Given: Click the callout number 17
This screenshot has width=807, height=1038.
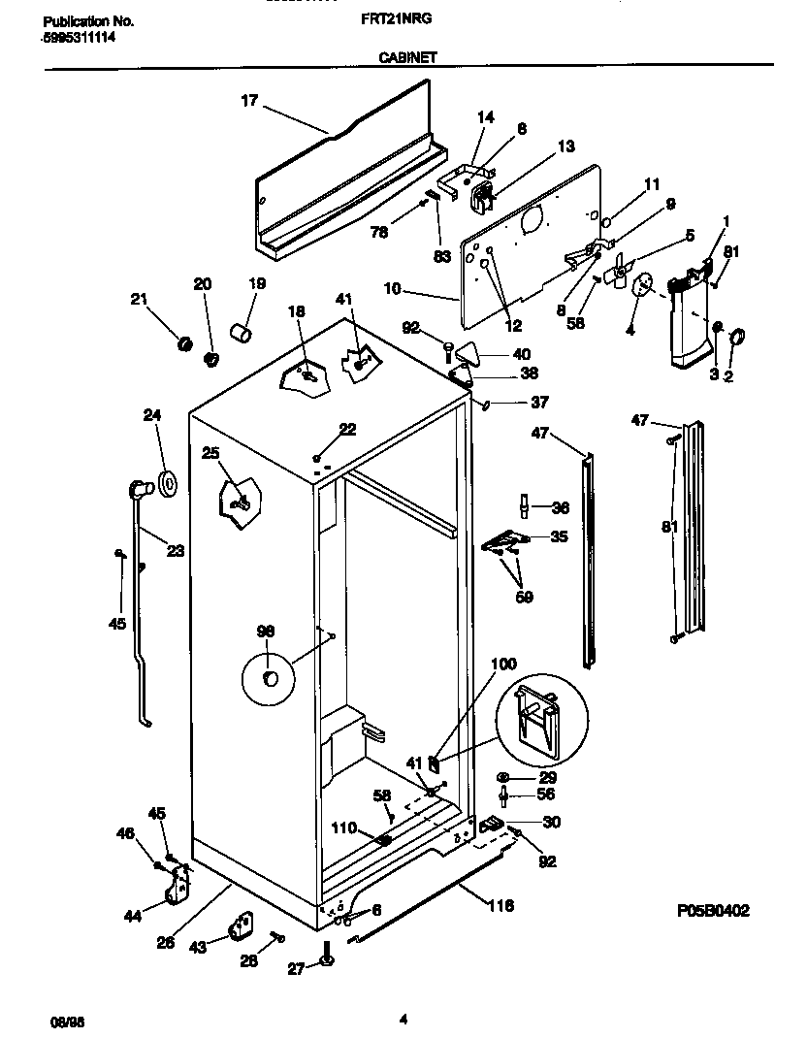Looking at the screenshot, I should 249,99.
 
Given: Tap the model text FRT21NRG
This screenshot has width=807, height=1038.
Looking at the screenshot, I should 402,18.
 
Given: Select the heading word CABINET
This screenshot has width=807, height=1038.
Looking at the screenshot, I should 407,57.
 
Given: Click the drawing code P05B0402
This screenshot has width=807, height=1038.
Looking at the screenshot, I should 713,911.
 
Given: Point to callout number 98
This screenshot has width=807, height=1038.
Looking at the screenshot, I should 265,631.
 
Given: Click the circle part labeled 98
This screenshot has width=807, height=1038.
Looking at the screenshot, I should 271,676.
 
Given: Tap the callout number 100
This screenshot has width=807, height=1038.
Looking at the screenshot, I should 504,665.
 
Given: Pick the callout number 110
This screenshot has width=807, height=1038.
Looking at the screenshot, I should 343,829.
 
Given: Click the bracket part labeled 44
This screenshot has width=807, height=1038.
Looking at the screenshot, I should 178,884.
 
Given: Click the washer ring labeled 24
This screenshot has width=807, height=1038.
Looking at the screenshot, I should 166,481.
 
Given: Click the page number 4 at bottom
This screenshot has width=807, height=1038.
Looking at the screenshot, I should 403,1019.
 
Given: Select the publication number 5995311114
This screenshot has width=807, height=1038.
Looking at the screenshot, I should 76,36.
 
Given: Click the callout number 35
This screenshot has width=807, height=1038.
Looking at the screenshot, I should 560,535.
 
